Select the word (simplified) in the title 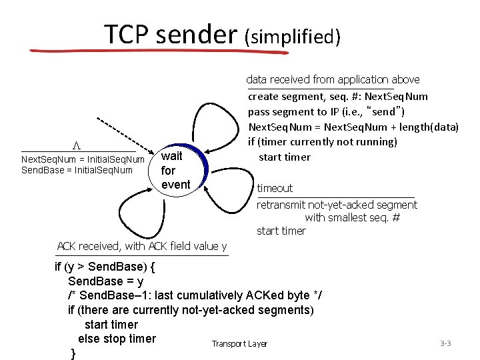293,36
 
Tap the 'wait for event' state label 175,170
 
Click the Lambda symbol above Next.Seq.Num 77,145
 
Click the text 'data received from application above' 333,79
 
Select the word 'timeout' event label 275,188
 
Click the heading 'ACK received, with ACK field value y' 142,246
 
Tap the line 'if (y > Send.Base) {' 105,267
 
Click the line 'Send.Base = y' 105,281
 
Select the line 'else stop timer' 117,339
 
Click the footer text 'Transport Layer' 239,344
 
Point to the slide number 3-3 445,343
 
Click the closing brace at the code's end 73,353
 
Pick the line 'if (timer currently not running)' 323,141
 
